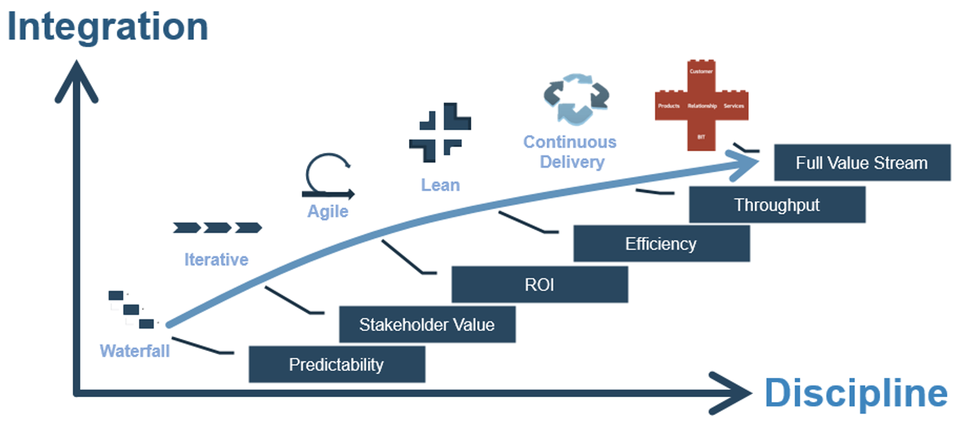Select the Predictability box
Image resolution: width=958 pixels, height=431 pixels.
[336, 364]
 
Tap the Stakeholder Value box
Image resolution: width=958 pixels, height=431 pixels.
[427, 324]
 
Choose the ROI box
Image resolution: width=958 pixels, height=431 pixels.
[539, 284]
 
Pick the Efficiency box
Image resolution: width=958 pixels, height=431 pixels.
[661, 244]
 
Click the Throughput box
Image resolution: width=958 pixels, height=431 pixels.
[777, 205]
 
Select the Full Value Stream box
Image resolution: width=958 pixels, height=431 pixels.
[861, 163]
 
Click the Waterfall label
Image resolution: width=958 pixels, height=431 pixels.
[134, 351]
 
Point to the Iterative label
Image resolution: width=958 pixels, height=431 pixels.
[216, 260]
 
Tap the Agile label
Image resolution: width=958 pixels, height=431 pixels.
[328, 212]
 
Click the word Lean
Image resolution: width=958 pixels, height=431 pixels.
[440, 184]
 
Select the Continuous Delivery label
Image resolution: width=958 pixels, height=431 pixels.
[569, 152]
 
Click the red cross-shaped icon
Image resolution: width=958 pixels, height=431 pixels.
[701, 105]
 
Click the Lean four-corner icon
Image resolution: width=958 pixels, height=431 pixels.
[440, 133]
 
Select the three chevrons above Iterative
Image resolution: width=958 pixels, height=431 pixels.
[217, 228]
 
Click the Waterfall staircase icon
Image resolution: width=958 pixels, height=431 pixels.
[131, 309]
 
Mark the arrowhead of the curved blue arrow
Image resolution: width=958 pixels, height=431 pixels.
[748, 163]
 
